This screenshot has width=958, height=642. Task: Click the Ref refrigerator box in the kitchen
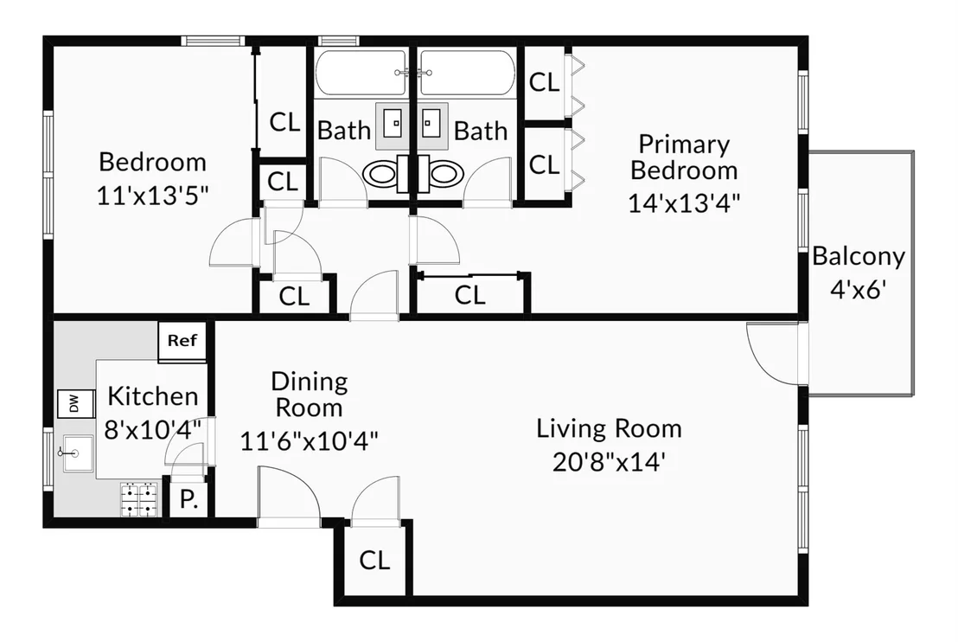pyautogui.click(x=182, y=341)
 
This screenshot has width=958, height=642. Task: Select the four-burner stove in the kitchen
pyautogui.click(x=139, y=499)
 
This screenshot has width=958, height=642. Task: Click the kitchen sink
pyautogui.click(x=77, y=453)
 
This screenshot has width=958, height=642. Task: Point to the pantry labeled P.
pyautogui.click(x=188, y=499)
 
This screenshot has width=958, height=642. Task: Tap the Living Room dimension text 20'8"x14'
pyautogui.click(x=608, y=462)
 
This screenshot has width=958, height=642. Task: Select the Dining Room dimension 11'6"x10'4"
pyautogui.click(x=309, y=440)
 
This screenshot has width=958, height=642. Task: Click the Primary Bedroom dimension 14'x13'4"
pyautogui.click(x=684, y=202)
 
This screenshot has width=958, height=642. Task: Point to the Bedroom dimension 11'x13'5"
pyautogui.click(x=152, y=196)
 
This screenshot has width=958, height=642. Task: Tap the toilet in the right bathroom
pyautogui.click(x=442, y=174)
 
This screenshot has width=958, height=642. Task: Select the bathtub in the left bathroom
pyautogui.click(x=361, y=73)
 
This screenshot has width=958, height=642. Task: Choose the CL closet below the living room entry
pyautogui.click(x=374, y=560)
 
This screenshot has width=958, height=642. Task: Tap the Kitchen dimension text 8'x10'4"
pyautogui.click(x=152, y=430)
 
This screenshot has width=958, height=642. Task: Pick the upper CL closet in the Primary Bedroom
pyautogui.click(x=545, y=82)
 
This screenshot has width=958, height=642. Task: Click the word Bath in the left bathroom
pyautogui.click(x=344, y=131)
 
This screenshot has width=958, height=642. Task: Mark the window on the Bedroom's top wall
pyautogui.click(x=214, y=41)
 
